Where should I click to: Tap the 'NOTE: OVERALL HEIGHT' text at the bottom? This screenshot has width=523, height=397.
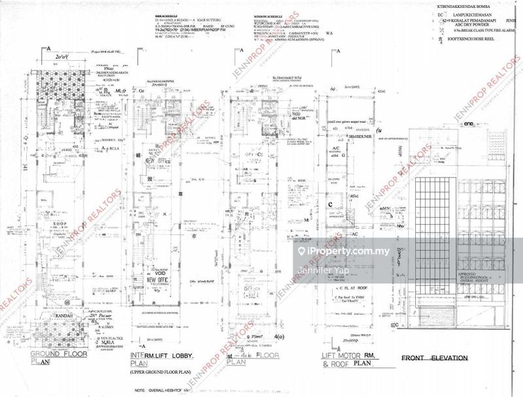(x=156, y=390)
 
